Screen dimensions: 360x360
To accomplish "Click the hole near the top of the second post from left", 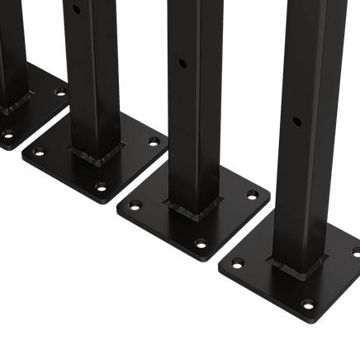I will click(76, 11).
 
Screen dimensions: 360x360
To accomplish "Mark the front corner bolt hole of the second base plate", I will click(102, 187).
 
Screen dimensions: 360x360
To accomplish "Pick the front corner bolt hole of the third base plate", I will click(201, 244).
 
